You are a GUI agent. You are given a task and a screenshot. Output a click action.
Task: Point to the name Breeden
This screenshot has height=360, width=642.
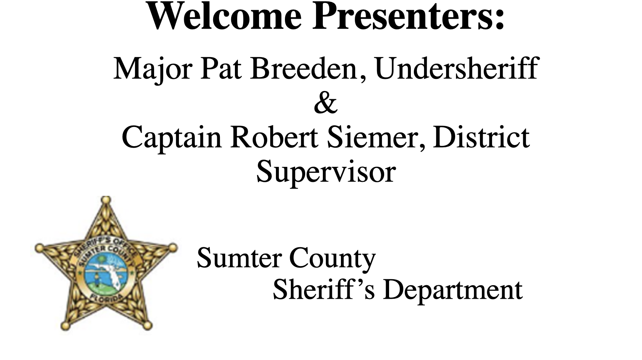point(303,69)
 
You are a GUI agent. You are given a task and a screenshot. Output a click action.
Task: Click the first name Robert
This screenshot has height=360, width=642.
point(274,137)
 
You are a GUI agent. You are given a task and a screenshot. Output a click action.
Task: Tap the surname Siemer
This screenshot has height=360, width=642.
point(372,137)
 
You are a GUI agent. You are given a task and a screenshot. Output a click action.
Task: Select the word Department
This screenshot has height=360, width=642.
point(453,290)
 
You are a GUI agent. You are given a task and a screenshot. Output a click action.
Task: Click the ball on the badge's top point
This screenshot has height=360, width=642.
point(106,200)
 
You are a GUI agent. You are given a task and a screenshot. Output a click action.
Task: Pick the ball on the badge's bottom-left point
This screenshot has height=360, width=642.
point(65,326)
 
